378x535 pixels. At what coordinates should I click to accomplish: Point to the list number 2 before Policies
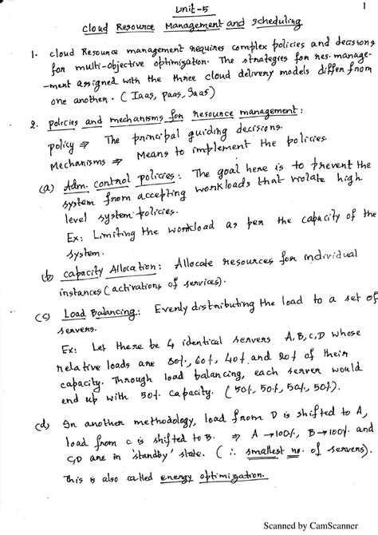(27, 125)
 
